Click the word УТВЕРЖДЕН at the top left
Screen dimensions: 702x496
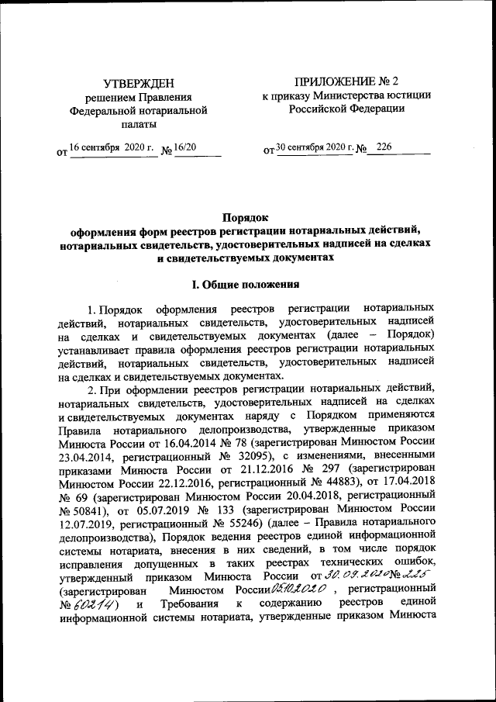(139, 83)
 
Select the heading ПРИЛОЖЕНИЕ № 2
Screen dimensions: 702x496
(345, 81)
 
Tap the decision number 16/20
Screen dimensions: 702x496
(186, 147)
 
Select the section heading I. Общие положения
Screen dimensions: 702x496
(247, 285)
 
